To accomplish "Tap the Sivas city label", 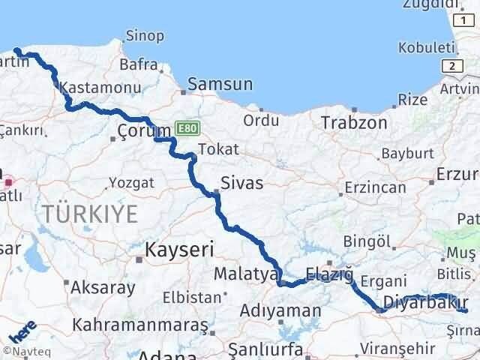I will [241, 181].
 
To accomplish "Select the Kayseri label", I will [180, 249].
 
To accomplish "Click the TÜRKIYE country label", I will [91, 214].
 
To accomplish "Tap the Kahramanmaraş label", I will [139, 326].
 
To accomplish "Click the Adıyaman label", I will [281, 310].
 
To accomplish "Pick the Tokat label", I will [213, 148].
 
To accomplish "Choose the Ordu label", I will [261, 120].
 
